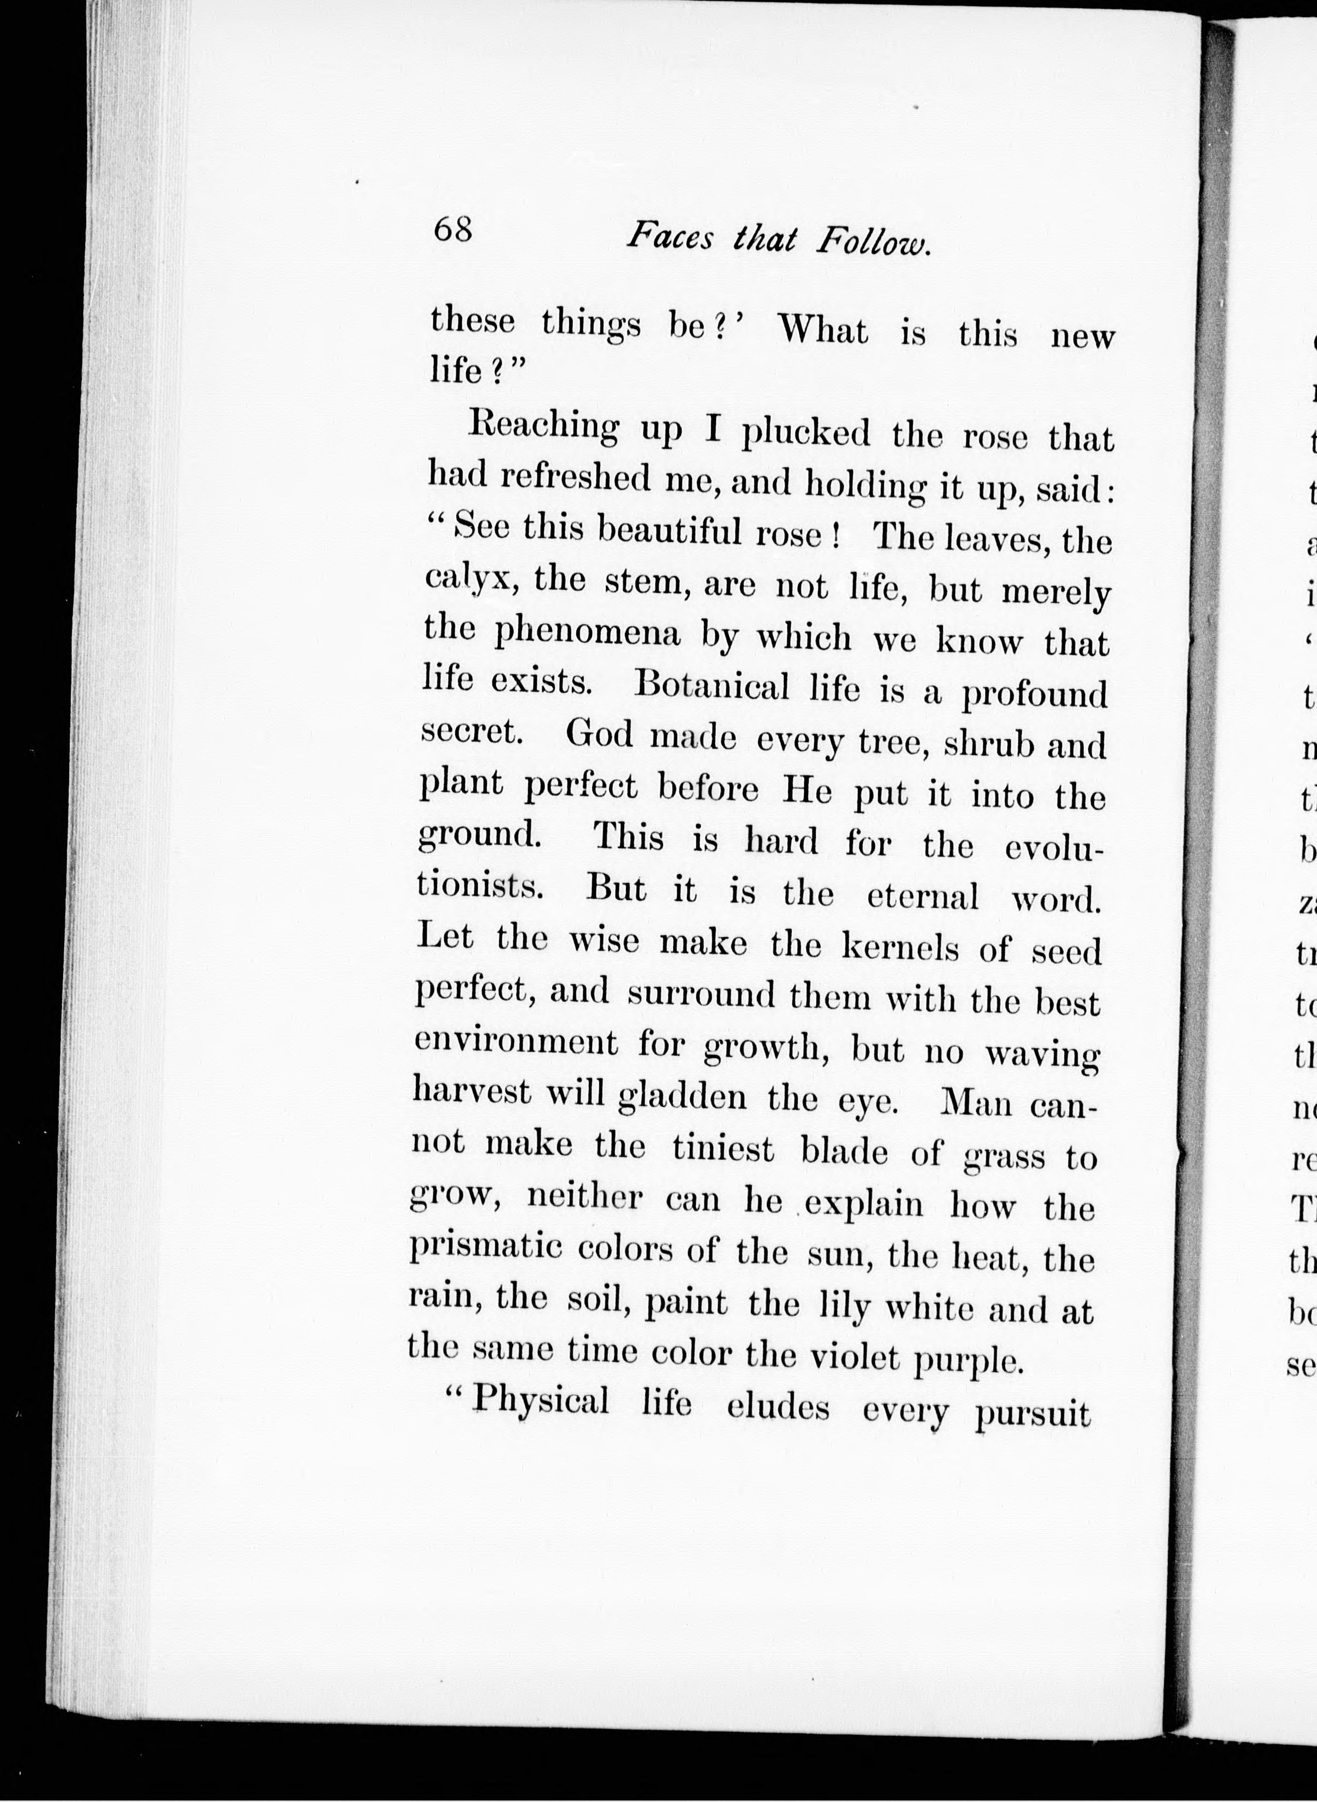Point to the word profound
(1034, 694)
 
